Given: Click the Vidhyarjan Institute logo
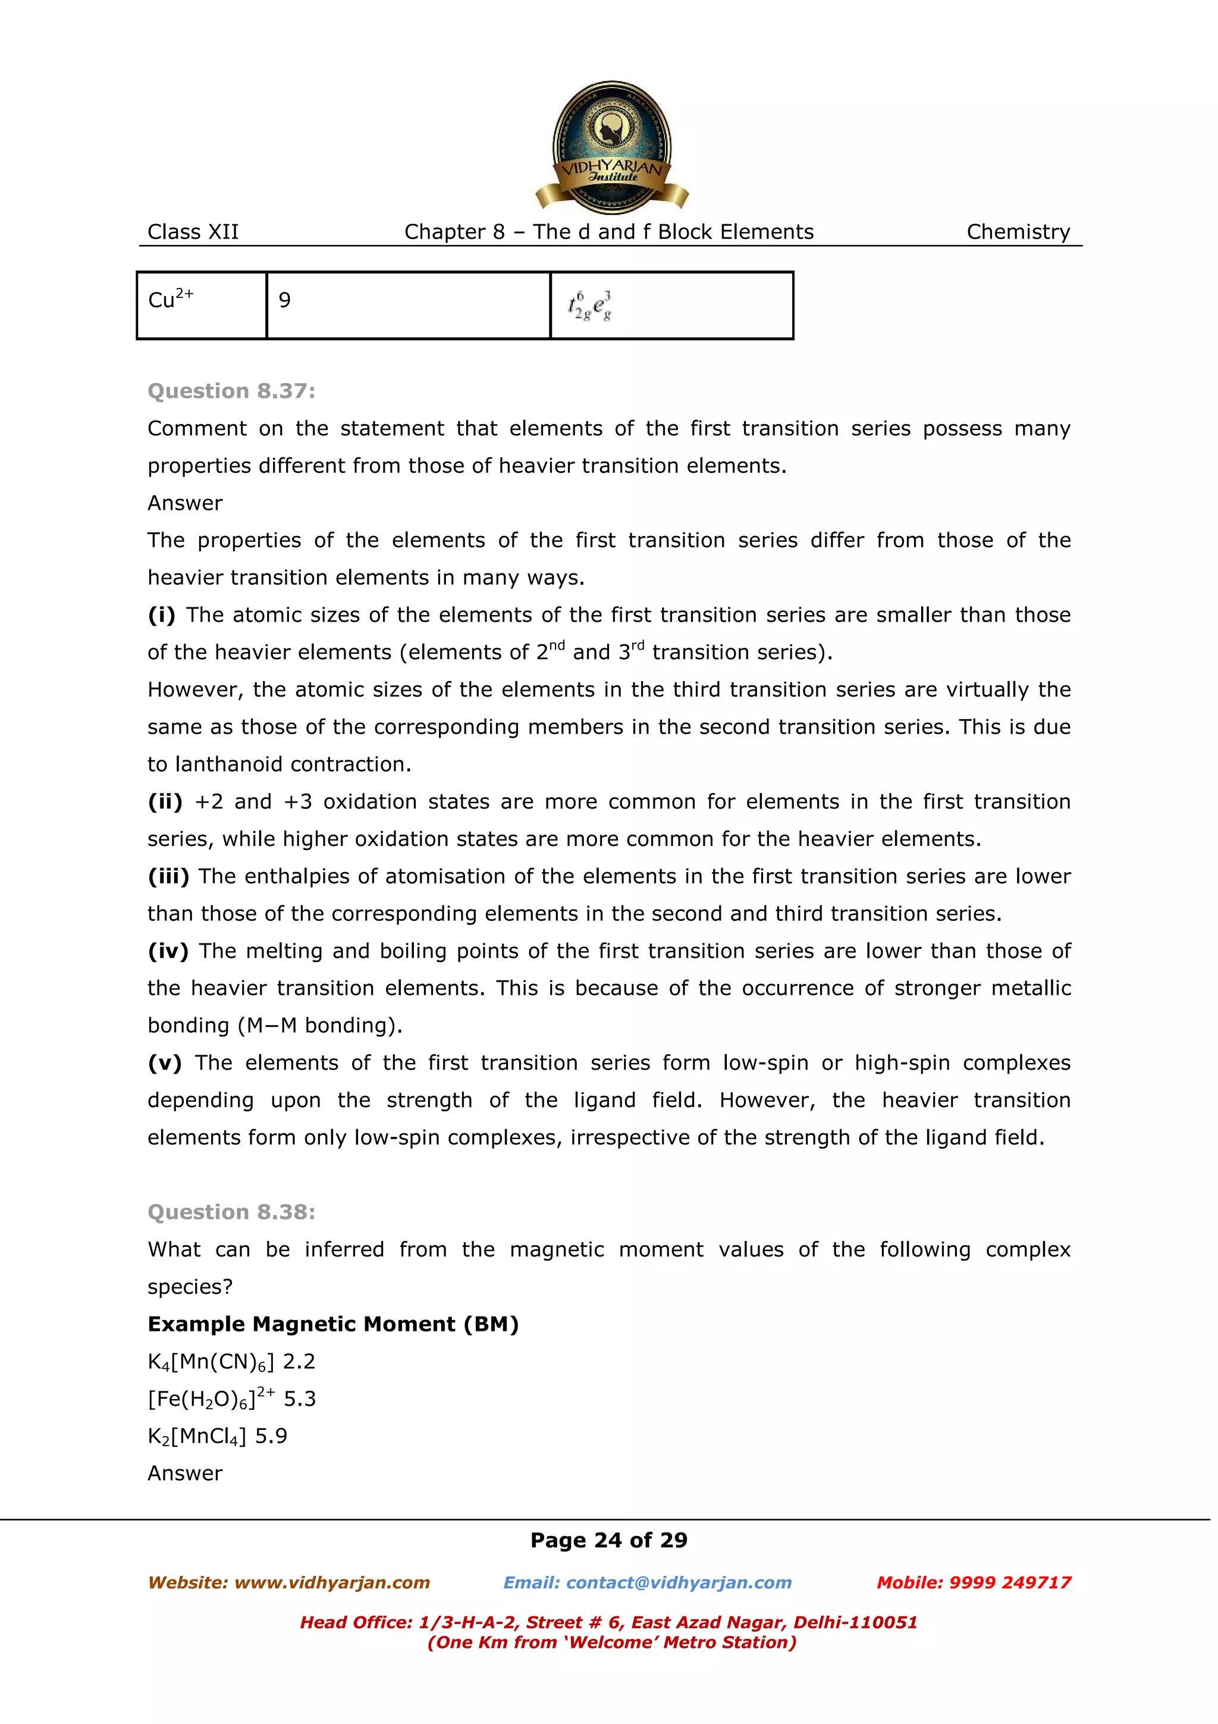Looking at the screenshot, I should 611,147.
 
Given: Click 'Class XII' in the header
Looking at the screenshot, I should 193,232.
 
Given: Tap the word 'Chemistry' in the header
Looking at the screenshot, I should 1018,232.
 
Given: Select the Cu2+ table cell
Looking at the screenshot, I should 201,305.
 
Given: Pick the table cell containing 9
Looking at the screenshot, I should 407,305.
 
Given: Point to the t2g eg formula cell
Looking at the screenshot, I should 671,305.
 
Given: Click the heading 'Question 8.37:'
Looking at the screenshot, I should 231,391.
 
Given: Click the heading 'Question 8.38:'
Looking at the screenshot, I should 231,1212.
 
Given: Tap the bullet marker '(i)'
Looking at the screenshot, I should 161,615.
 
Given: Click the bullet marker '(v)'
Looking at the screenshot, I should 164,1063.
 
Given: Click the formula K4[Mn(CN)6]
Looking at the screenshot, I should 211,1362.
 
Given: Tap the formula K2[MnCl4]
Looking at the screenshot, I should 197,1437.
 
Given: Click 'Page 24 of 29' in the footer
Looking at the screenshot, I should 608,1540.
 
